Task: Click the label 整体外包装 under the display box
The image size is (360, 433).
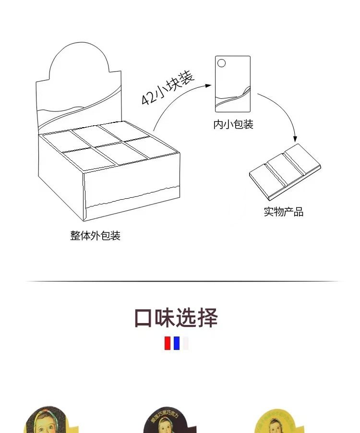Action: [x=95, y=236]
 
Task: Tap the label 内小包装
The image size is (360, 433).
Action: [x=233, y=125]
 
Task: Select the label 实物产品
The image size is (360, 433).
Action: [x=283, y=212]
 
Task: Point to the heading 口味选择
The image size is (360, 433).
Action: [x=176, y=318]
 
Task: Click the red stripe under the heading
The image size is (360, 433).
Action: [x=168, y=343]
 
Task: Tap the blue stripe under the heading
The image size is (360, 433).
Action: [x=177, y=343]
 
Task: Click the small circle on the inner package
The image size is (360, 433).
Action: [x=221, y=63]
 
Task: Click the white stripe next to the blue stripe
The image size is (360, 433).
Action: [x=185, y=343]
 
